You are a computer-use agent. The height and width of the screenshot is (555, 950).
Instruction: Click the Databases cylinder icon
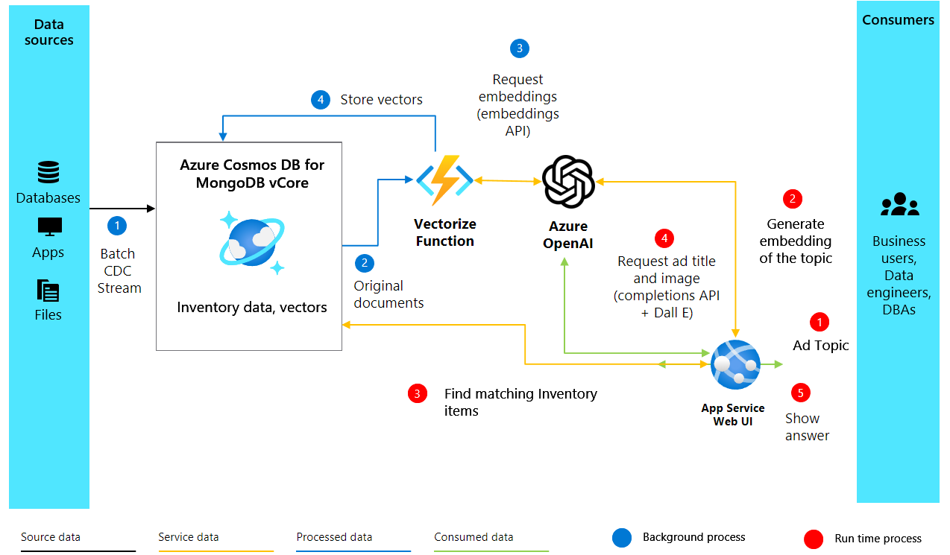point(48,173)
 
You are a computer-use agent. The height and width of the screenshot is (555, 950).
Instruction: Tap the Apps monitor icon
point(49,226)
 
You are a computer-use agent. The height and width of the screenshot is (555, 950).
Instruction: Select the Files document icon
point(48,290)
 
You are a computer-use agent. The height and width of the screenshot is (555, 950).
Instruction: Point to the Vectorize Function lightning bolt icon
point(444,180)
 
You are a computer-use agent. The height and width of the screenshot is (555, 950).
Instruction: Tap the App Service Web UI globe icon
point(735,364)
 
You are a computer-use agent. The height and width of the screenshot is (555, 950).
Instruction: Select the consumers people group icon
point(899,204)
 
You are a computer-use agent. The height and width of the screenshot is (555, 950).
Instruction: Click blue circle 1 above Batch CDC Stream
point(117,224)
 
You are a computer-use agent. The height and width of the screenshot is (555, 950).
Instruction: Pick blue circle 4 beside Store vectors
point(321,100)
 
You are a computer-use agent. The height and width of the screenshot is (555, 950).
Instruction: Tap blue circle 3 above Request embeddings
point(519,48)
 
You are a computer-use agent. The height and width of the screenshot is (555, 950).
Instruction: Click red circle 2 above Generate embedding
point(792,199)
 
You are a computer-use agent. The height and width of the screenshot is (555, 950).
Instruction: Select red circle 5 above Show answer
point(800,393)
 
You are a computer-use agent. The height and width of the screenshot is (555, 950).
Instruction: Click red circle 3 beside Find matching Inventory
point(418,394)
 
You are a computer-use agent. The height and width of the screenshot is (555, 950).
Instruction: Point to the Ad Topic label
point(820,346)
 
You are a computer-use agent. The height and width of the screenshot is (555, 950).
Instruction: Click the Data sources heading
point(49,32)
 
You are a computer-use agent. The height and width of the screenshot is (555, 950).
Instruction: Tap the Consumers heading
point(898,20)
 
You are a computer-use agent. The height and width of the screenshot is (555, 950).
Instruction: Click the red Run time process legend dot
point(814,538)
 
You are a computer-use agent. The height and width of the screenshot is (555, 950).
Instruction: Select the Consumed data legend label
point(474,537)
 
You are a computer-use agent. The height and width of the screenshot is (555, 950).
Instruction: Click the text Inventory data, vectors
point(251,308)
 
